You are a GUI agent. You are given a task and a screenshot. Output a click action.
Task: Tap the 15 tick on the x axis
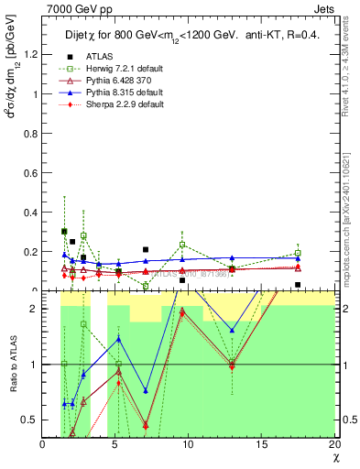tap(261, 445)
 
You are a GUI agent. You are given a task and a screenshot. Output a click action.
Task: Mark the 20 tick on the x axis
tap(333, 445)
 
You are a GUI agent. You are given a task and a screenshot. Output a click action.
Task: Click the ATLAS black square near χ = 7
tap(145, 249)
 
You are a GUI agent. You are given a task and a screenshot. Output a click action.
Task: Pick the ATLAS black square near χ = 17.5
tap(298, 285)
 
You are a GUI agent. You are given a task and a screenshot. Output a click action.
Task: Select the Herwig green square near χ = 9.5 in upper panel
tap(182, 245)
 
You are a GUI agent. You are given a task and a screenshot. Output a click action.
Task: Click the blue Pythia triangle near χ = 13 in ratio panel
tap(233, 330)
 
